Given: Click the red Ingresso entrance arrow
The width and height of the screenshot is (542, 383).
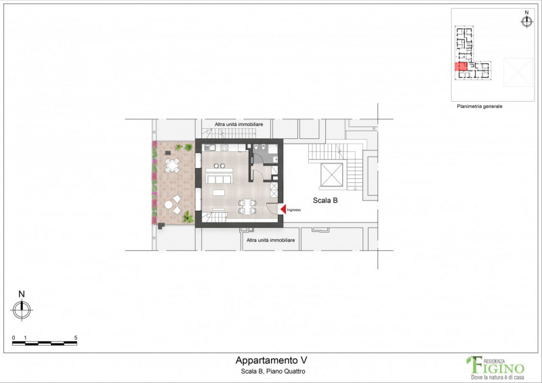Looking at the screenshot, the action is pyautogui.click(x=283, y=209).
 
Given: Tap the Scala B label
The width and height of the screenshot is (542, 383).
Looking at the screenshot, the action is pyautogui.click(x=325, y=201).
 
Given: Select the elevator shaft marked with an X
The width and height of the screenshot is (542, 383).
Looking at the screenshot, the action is pyautogui.click(x=331, y=175).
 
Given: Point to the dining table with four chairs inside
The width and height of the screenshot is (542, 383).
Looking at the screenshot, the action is pyautogui.click(x=247, y=207).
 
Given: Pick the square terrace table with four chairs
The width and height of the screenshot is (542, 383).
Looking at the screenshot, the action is pyautogui.click(x=172, y=165).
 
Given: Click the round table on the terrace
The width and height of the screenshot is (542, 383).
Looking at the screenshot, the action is pyautogui.click(x=168, y=205).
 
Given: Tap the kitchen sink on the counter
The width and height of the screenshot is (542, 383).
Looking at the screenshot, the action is pyautogui.click(x=209, y=148).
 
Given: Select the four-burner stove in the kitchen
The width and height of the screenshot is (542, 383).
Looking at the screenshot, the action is pyautogui.click(x=224, y=148).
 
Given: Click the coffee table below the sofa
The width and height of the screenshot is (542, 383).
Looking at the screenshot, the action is pyautogui.click(x=218, y=193).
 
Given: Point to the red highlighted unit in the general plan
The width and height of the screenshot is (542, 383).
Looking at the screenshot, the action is pyautogui.click(x=461, y=66).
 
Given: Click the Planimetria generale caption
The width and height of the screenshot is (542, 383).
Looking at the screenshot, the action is pyautogui.click(x=480, y=106).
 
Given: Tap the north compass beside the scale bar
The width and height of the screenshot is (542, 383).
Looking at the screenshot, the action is pyautogui.click(x=22, y=310).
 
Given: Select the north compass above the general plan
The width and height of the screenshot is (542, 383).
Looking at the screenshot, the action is pyautogui.click(x=526, y=22).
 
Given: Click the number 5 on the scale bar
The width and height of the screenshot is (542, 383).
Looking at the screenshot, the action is pyautogui.click(x=76, y=338).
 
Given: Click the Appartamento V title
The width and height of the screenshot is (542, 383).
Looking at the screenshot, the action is pyautogui.click(x=272, y=360).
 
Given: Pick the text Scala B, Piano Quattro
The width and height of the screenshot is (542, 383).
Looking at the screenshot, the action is pyautogui.click(x=273, y=371).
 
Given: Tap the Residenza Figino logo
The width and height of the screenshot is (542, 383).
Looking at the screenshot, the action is pyautogui.click(x=495, y=368).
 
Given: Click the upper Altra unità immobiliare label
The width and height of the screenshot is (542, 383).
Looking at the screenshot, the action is pyautogui.click(x=239, y=124).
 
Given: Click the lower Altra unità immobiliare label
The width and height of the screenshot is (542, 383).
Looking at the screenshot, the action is pyautogui.click(x=270, y=240).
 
